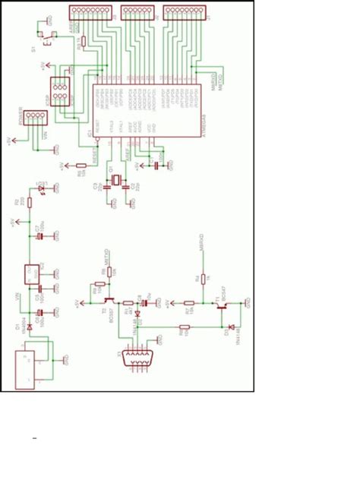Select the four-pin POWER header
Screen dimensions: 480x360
(x=35, y=117)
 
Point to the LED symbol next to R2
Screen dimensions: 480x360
(x=32, y=190)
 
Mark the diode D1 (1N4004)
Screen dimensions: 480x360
(x=30, y=327)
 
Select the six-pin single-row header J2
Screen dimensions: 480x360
(x=134, y=12)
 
